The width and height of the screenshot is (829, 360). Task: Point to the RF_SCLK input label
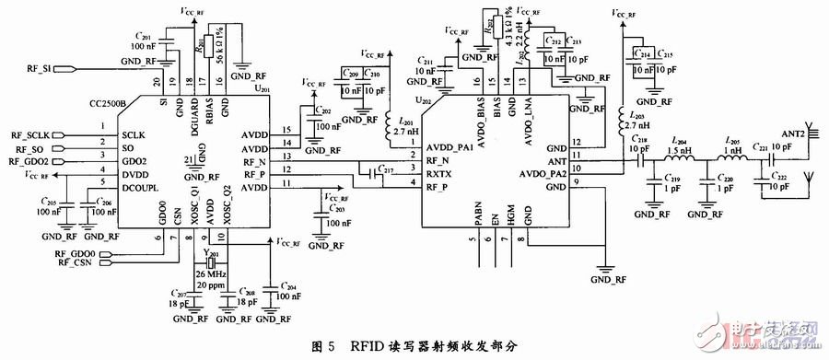tap(31, 135)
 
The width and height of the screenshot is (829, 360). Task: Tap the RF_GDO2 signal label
tap(30, 160)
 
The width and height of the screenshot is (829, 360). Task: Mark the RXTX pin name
tap(437, 171)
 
